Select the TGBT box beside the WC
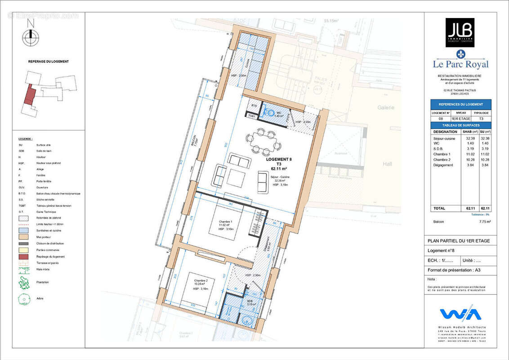click(x=252, y=116)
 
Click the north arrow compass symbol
click(x=31, y=37)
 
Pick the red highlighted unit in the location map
click(x=29, y=94)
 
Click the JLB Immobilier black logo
click(x=460, y=32)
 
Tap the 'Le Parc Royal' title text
click(x=460, y=64)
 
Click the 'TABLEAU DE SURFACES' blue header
click(x=460, y=125)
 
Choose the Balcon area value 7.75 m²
click(x=485, y=222)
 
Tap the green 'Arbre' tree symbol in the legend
click(x=23, y=299)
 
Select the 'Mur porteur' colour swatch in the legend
click(x=23, y=237)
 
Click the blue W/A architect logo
click(x=460, y=314)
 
